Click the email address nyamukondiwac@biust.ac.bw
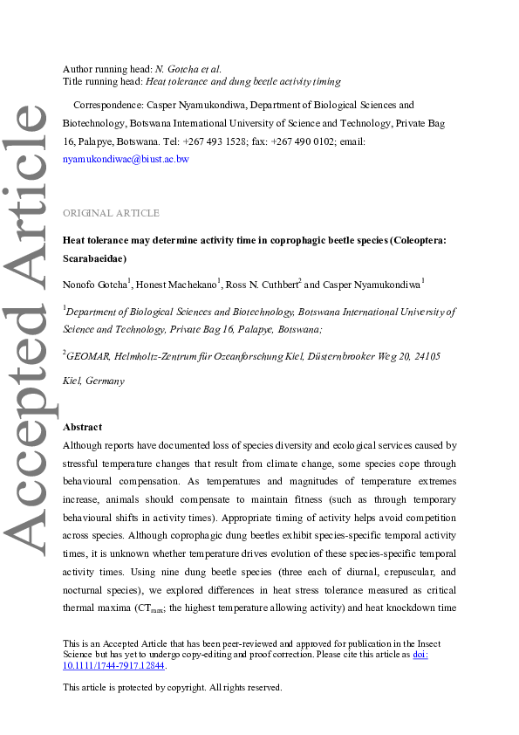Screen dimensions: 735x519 (x=126, y=160)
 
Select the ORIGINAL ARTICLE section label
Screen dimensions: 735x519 (x=111, y=213)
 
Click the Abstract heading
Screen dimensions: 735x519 (x=82, y=427)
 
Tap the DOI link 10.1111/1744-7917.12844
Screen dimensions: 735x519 (x=114, y=665)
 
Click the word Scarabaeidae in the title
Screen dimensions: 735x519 (x=94, y=258)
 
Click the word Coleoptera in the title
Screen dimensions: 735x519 (x=422, y=239)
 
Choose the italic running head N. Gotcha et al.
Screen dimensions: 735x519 (x=188, y=69)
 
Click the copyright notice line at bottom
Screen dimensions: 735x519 (x=173, y=687)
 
